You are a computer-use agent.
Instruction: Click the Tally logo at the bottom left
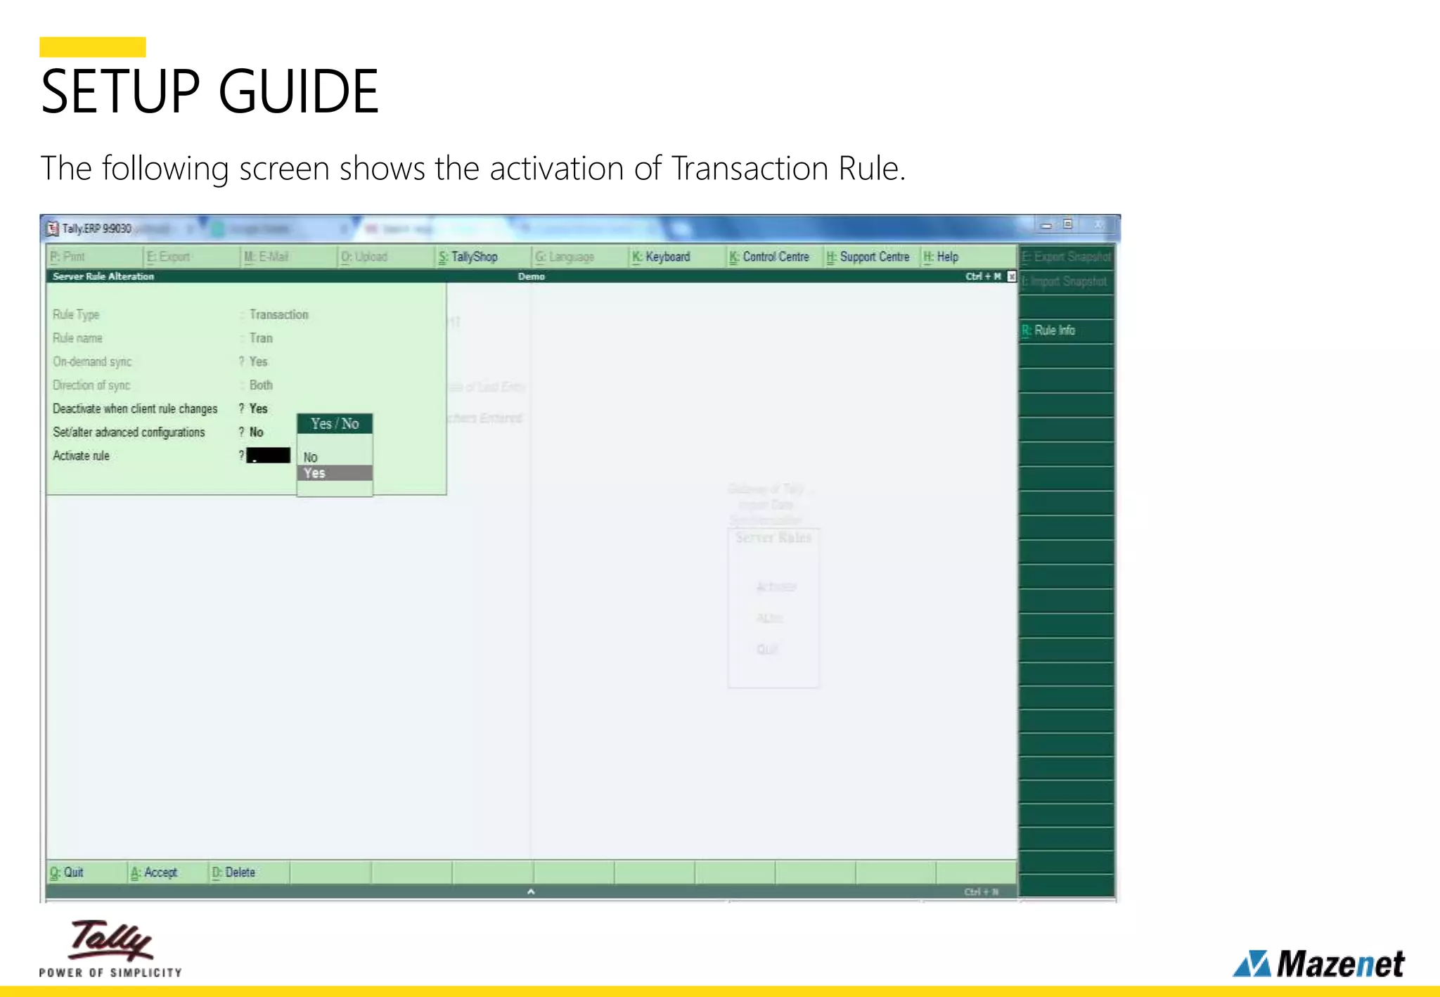110,947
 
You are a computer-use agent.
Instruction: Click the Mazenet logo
1318,963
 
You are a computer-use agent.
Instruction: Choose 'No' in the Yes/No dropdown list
310,457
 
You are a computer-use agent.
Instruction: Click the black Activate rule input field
269,456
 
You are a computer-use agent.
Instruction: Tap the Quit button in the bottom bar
67,873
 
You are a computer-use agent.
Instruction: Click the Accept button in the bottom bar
155,873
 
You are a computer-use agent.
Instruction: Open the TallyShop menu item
468,257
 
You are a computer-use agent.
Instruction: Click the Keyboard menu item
661,257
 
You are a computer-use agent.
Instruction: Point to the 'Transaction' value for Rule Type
278,314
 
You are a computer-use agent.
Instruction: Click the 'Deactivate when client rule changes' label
135,409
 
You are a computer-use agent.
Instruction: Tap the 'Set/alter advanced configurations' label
129,432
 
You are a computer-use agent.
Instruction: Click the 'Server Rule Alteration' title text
103,276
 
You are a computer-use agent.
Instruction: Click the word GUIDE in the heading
299,91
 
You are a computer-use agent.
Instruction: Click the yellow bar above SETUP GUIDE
92,47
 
